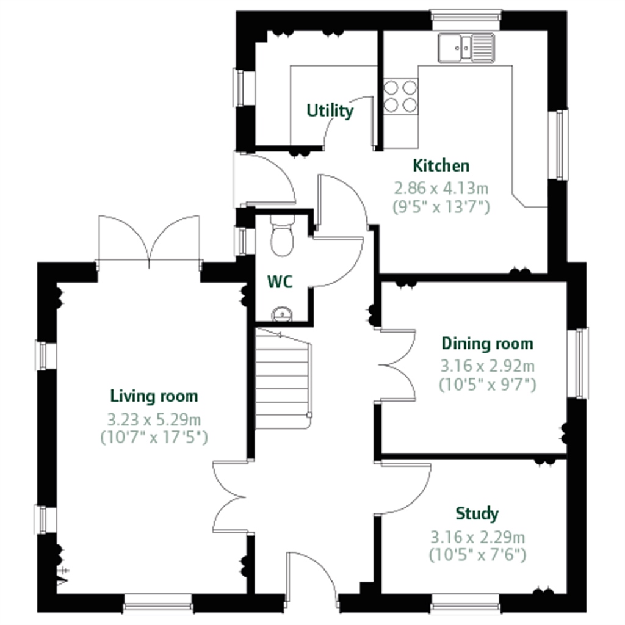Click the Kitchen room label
point(441,165)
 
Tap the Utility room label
point(330,111)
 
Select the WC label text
point(280,282)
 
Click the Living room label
point(154,396)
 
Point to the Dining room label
point(487,344)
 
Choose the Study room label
point(477,514)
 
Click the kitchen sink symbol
point(466,48)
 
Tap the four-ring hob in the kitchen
point(400,96)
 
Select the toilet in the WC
point(282,239)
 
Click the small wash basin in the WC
point(282,314)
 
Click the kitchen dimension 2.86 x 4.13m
point(441,187)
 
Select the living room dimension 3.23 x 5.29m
point(154,419)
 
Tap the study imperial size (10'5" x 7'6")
point(477,555)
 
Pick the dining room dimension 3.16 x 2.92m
point(487,366)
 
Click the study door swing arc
point(406,488)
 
